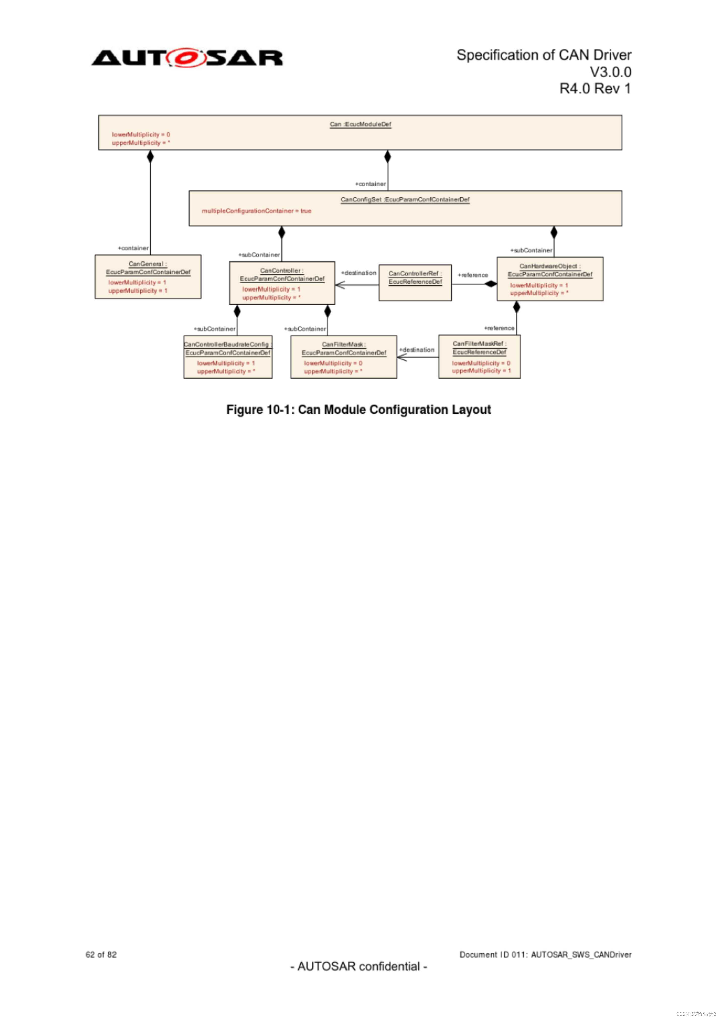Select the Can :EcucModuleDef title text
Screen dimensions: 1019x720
(x=360, y=124)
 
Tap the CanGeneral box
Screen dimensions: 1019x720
(x=148, y=276)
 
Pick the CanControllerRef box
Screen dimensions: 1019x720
(x=415, y=283)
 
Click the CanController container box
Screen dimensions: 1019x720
(x=282, y=283)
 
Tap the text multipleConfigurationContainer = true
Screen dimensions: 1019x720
(x=256, y=211)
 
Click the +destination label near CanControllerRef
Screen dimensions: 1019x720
(x=358, y=273)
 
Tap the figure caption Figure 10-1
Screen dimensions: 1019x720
(x=359, y=409)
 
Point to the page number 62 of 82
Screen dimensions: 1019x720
(x=101, y=955)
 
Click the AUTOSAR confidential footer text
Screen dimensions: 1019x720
(x=359, y=966)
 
